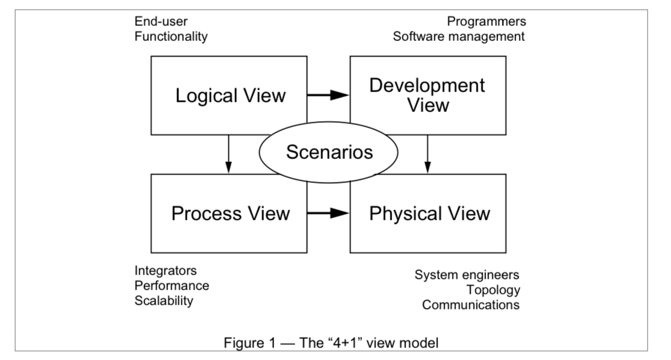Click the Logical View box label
coord(231,96)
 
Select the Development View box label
coord(428,95)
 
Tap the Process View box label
coord(231,213)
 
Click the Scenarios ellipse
coord(329,152)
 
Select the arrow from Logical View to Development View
coord(329,95)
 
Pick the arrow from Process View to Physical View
coord(329,213)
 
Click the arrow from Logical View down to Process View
coord(228,154)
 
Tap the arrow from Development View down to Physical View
coord(428,154)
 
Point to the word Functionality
coord(172,37)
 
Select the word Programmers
coord(486,22)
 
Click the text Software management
coord(459,37)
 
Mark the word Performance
coord(172,286)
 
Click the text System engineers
coord(467,275)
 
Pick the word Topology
coord(493,290)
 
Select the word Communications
coord(470,305)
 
